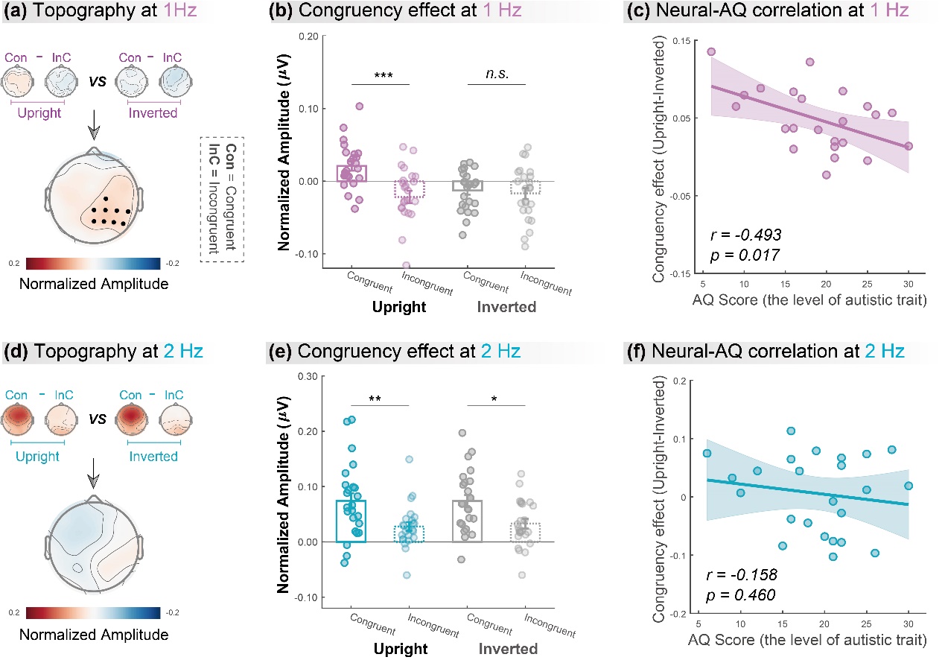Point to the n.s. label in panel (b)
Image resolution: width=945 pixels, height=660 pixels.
[x=496, y=75]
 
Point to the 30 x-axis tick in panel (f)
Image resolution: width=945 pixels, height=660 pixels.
[x=909, y=623]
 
